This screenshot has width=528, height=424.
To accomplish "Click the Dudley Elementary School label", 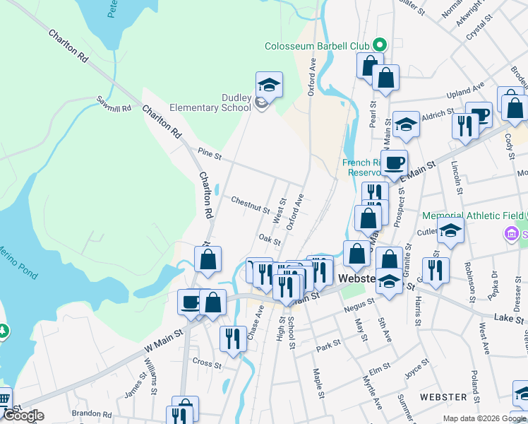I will [x=210, y=102].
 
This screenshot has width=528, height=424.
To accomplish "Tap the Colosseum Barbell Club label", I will [x=317, y=46].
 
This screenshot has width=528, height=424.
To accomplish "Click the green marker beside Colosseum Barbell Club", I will [x=379, y=45].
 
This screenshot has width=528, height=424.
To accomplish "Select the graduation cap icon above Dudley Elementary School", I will [x=269, y=85].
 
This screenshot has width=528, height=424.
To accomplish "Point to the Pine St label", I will [x=210, y=153].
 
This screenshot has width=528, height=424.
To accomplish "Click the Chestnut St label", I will [x=251, y=205].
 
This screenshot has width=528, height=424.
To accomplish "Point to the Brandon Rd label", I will [x=92, y=415].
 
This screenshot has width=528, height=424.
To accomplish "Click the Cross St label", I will [x=207, y=364].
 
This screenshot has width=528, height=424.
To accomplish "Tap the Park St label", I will [x=328, y=346].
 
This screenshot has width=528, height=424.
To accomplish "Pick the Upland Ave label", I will [x=466, y=92].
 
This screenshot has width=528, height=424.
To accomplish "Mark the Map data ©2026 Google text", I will [x=484, y=418].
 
